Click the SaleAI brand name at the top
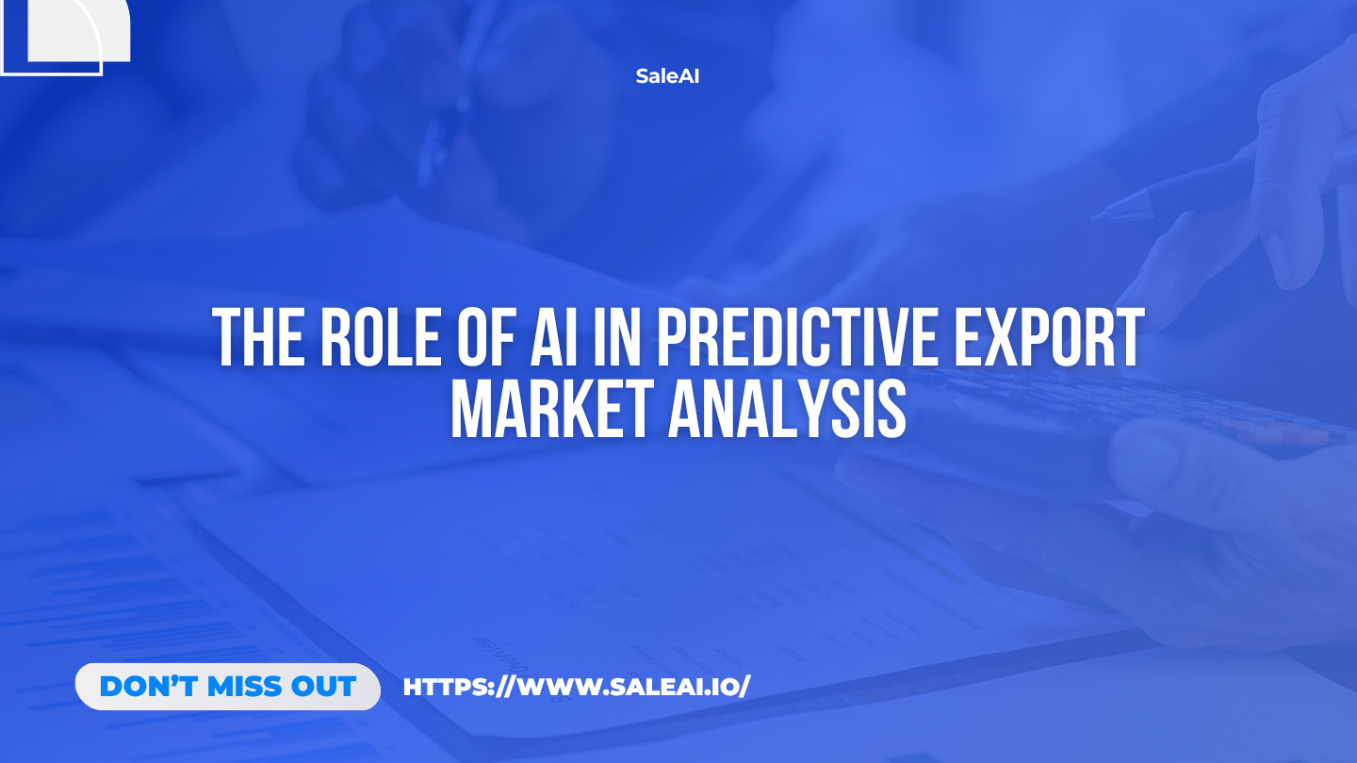667,76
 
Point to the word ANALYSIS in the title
788,408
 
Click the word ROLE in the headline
380,338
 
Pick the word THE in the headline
258,338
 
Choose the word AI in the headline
554,338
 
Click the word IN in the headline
616,338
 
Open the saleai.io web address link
577,687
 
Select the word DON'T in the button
149,687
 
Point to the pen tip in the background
1098,217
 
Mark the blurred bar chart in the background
139,611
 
